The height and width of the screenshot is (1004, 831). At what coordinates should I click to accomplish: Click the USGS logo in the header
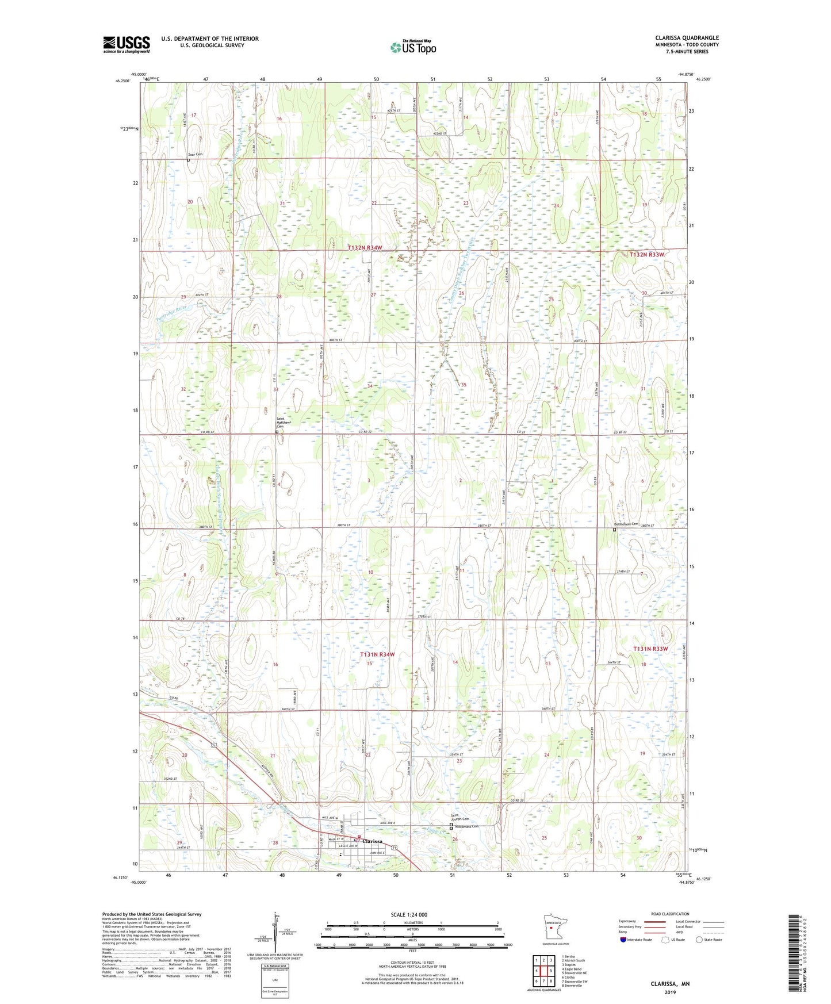pyautogui.click(x=127, y=44)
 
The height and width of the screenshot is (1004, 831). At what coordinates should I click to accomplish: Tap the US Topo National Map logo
pyautogui.click(x=412, y=47)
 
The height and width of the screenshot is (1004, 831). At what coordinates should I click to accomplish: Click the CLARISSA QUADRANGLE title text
pyautogui.click(x=687, y=38)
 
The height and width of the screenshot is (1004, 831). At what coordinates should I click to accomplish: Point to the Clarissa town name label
pyautogui.click(x=373, y=841)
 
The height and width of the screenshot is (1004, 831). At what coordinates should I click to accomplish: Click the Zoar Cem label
pyautogui.click(x=196, y=155)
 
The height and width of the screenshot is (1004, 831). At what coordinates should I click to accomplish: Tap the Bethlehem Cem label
pyautogui.click(x=627, y=524)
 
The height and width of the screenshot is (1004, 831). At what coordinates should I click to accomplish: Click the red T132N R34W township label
pyautogui.click(x=365, y=247)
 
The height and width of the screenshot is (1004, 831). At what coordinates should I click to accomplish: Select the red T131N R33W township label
pyautogui.click(x=651, y=649)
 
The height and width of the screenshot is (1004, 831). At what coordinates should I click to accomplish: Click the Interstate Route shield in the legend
pyautogui.click(x=623, y=940)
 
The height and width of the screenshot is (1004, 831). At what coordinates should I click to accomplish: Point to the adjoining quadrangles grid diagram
pyautogui.click(x=543, y=972)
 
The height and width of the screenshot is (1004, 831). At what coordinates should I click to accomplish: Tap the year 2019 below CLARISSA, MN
pyautogui.click(x=669, y=992)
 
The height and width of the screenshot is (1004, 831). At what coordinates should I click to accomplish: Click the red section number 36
pyautogui.click(x=556, y=388)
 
